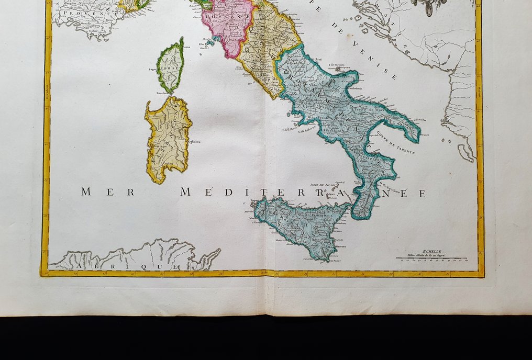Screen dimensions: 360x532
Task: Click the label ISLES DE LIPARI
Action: coord(322,184)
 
